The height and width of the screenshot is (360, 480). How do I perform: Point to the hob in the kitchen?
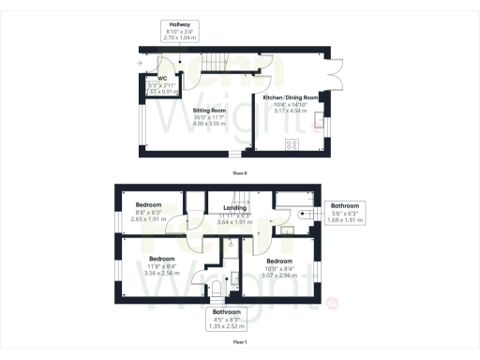[x=291, y=144]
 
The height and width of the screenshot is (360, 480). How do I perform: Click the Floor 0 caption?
[x=240, y=173]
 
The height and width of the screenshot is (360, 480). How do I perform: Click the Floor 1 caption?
[x=240, y=342]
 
